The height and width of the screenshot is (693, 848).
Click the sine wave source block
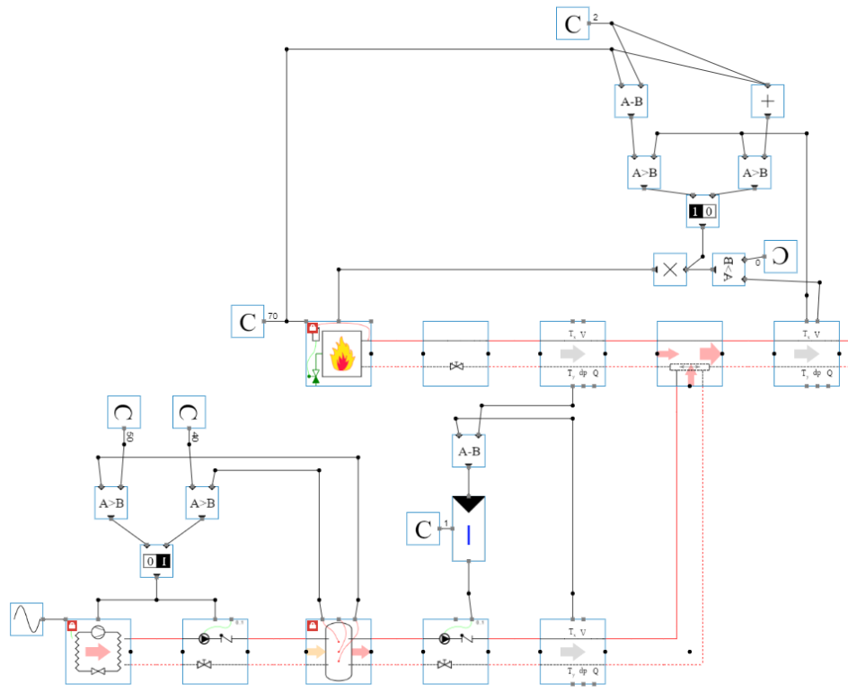(x=26, y=619)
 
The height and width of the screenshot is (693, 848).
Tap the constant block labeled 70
(x=247, y=321)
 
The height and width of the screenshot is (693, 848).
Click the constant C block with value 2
(x=572, y=23)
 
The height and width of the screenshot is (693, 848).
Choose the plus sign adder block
(x=767, y=102)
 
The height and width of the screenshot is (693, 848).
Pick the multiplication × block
(x=670, y=269)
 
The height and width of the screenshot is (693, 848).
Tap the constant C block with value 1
(x=422, y=529)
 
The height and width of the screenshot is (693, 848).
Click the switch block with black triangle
(x=469, y=529)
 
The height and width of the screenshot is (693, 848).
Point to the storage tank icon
(x=338, y=651)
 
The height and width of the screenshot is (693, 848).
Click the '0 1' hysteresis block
(x=157, y=562)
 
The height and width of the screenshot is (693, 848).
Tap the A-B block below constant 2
(x=632, y=102)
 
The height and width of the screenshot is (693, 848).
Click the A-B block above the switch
(x=469, y=451)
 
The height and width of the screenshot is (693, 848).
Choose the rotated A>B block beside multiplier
(x=729, y=269)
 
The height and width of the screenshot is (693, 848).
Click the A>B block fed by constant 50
(x=111, y=503)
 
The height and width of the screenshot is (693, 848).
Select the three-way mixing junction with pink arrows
(x=689, y=354)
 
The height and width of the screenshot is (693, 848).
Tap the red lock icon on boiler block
(x=312, y=329)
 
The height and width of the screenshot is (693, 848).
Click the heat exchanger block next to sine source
(x=98, y=651)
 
